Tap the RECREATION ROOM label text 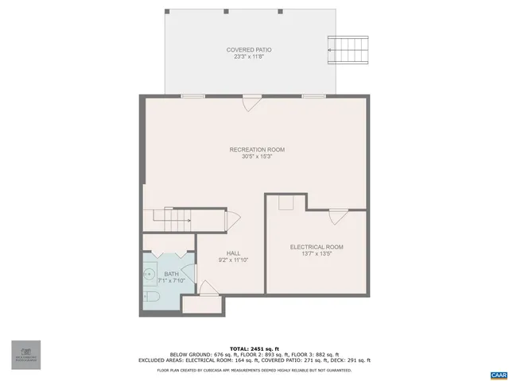point(257,149)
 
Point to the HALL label point(233,253)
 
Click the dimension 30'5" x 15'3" point(257,156)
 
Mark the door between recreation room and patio point(252,100)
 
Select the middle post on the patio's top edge point(226,12)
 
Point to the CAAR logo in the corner point(497,373)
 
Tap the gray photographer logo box point(25,355)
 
